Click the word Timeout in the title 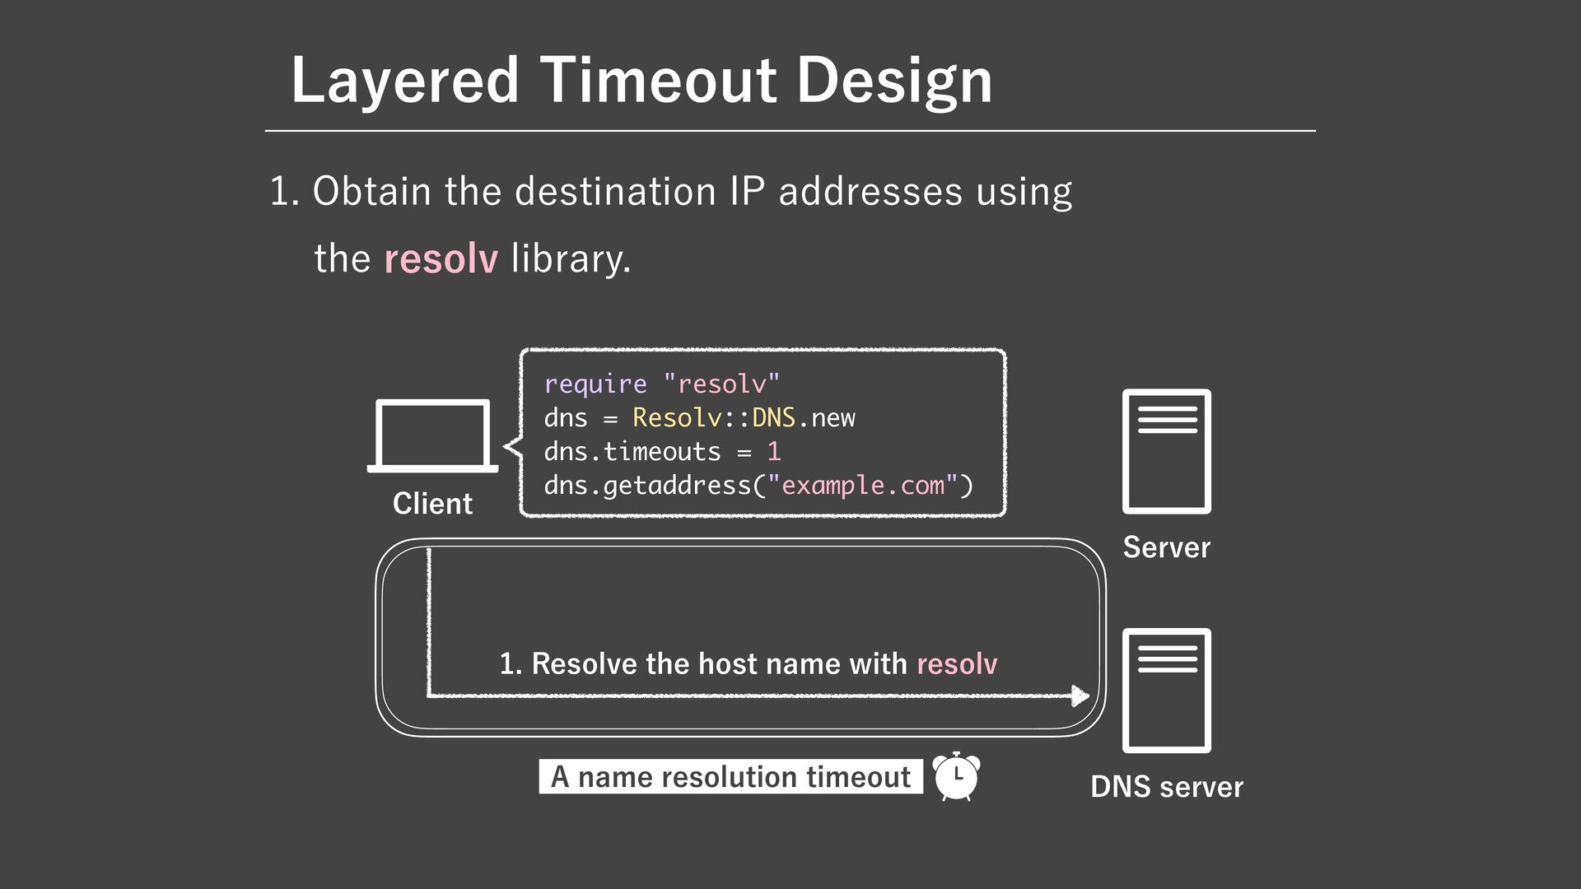point(659,80)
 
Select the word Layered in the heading point(404,80)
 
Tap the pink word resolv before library point(441,258)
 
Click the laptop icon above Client point(432,435)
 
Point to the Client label point(432,503)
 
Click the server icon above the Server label point(1166,451)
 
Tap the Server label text point(1166,547)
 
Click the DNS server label point(1166,787)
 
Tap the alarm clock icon point(956,776)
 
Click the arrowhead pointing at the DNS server point(1080,696)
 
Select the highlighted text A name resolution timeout point(730,776)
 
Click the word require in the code point(595,384)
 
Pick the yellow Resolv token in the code point(677,417)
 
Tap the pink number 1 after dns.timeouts point(773,451)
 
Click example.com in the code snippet point(862,485)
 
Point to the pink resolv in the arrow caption point(956,663)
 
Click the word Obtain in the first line point(371,191)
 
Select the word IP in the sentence point(747,191)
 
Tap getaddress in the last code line point(677,485)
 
